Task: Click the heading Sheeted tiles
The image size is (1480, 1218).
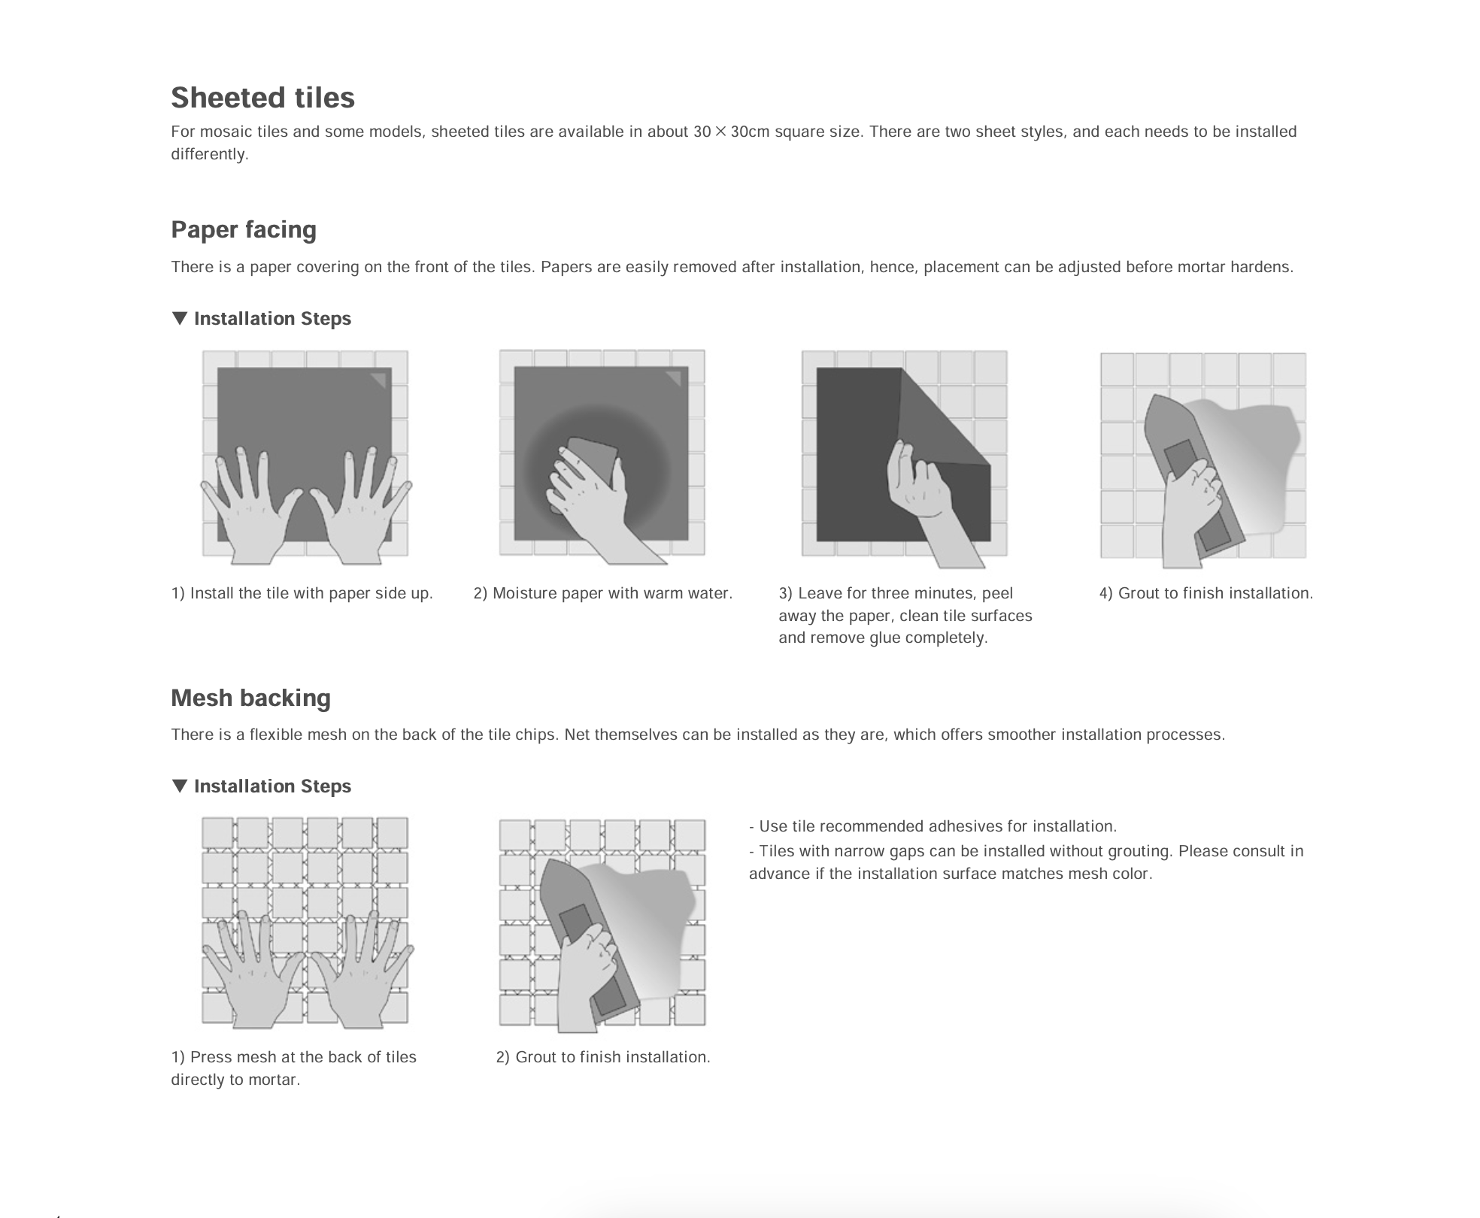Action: pos(262,98)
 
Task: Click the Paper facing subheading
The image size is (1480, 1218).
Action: pos(244,229)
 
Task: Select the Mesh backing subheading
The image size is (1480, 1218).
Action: pos(250,698)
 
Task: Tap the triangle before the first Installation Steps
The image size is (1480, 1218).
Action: pos(179,318)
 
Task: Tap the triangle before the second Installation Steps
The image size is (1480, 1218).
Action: pos(179,786)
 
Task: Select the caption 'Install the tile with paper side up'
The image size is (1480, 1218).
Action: pos(302,593)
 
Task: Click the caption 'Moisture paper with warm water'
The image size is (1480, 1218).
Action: pos(603,593)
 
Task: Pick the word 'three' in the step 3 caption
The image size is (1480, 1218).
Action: pos(890,593)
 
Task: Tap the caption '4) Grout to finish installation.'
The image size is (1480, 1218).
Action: pos(1206,593)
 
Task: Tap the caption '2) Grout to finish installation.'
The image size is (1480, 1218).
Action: pos(603,1057)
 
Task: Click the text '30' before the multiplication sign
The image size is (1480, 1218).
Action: pos(702,132)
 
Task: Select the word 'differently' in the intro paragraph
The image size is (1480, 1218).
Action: pos(208,154)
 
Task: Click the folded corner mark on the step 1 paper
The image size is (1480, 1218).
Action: pos(378,380)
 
